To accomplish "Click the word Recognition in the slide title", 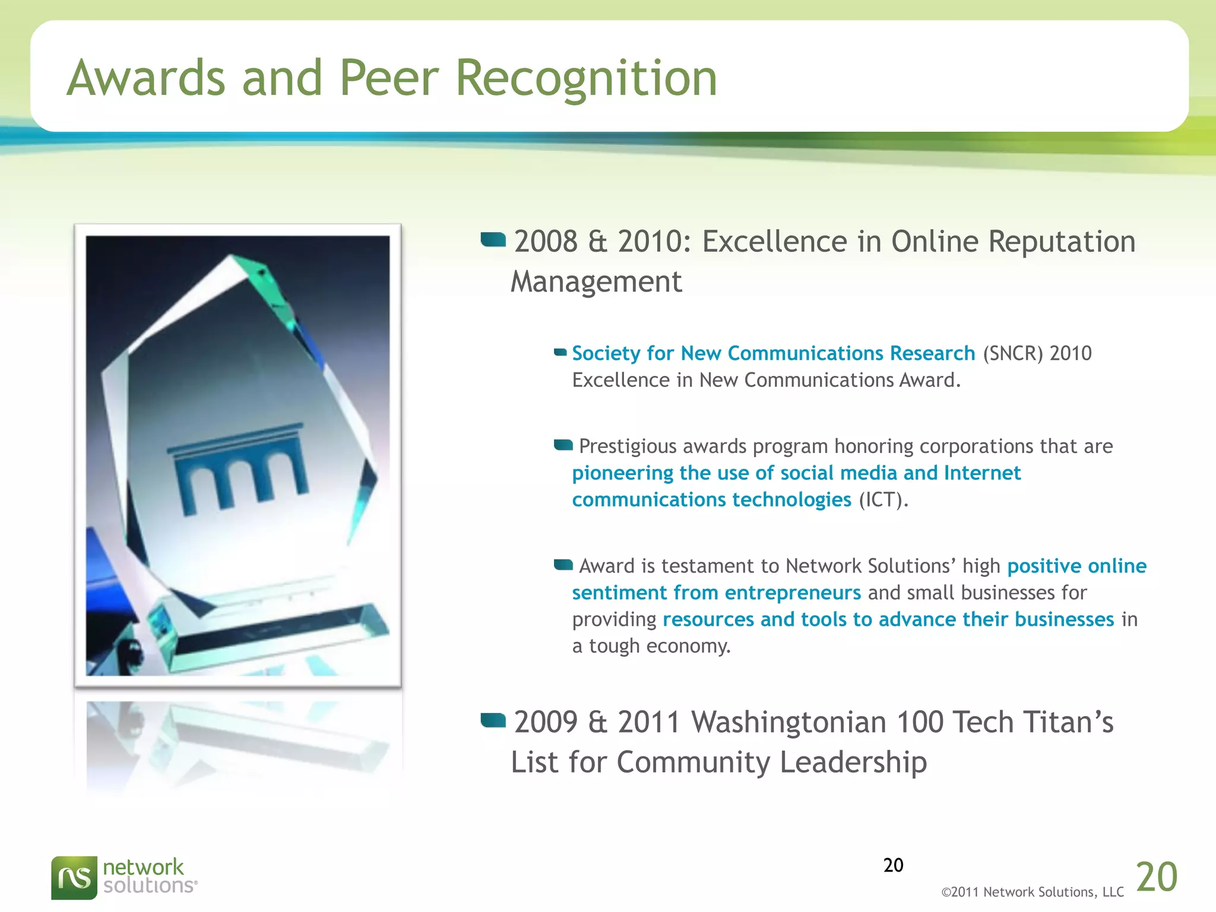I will click(586, 79).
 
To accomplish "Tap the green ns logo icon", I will click(74, 878).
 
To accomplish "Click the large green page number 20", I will click(1156, 877).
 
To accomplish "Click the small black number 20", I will click(893, 865).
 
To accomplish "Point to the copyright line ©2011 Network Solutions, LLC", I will click(1032, 892).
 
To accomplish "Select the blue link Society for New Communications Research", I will click(773, 353).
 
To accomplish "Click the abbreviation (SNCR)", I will click(1012, 353).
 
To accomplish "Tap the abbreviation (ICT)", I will click(883, 500).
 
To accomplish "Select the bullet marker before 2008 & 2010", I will click(493, 240).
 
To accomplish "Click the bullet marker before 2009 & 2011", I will click(493, 721).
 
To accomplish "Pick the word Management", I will click(596, 282).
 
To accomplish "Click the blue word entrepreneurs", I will click(792, 593).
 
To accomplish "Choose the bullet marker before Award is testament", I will click(563, 564).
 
